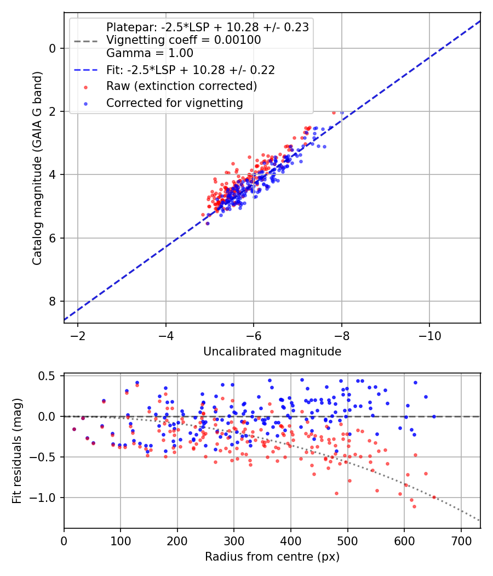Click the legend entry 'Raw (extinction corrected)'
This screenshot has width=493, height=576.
click(181, 86)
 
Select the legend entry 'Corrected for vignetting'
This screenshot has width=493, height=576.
click(174, 103)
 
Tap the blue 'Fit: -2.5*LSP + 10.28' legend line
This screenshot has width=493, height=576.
click(85, 70)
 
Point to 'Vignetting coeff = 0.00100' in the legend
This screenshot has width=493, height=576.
click(184, 40)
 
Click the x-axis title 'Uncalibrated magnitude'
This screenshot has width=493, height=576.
click(272, 352)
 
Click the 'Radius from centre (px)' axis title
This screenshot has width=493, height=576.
click(272, 557)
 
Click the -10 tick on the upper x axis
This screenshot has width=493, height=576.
click(429, 335)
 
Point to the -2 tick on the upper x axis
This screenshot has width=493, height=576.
click(78, 335)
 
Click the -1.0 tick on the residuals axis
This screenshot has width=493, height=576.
click(47, 498)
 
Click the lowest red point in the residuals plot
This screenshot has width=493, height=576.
click(414, 506)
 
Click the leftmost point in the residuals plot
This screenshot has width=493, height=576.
click(74, 429)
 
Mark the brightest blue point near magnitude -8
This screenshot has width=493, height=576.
click(342, 112)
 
